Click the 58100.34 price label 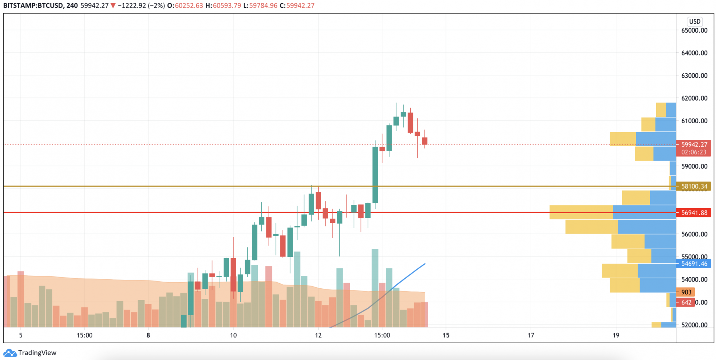point(694,186)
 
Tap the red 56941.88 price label point(694,213)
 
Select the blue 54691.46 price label point(694,264)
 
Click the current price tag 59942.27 point(694,145)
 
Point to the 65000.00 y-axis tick point(694,30)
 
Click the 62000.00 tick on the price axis point(694,98)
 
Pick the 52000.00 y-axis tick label point(694,325)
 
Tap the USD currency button point(695,21)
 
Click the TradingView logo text point(37,353)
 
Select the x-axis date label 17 point(531,335)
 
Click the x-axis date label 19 point(615,335)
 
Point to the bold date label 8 point(148,335)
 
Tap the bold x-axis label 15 point(446,335)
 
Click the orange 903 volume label point(686,292)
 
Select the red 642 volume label point(686,302)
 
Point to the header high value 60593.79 point(227,6)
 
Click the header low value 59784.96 point(263,6)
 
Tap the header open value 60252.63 point(189,6)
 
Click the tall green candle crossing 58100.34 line point(375,175)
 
